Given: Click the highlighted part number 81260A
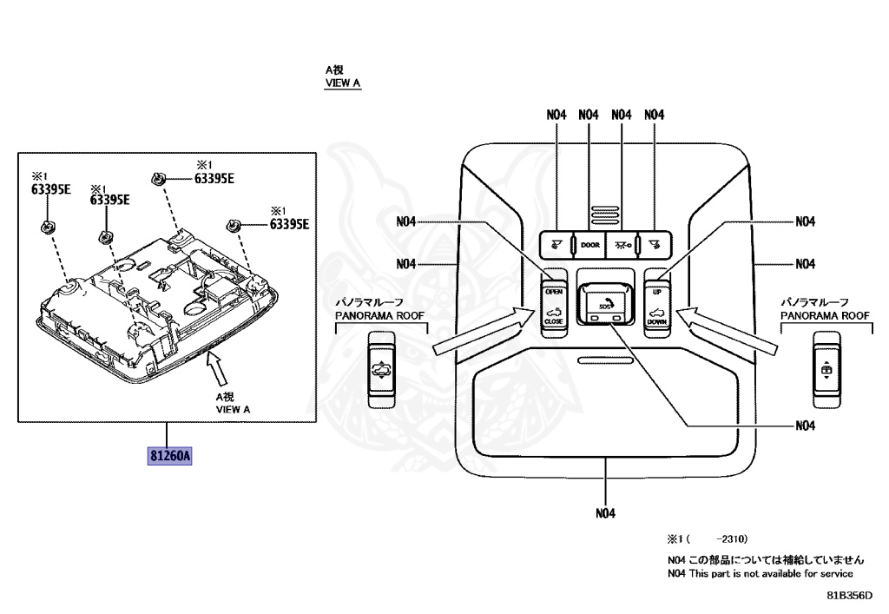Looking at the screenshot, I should pyautogui.click(x=169, y=453).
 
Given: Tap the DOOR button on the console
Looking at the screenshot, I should pyautogui.click(x=589, y=246).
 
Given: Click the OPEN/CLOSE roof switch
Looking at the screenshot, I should pyautogui.click(x=553, y=306).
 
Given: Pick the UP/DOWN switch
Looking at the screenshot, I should pyautogui.click(x=656, y=306).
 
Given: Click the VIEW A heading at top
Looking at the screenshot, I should pyautogui.click(x=342, y=84).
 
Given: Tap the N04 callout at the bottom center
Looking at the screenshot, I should pyautogui.click(x=605, y=513).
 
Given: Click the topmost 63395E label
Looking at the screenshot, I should pyautogui.click(x=214, y=179).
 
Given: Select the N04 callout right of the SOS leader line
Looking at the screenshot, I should pyautogui.click(x=805, y=426).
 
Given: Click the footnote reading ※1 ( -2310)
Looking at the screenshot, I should pyautogui.click(x=708, y=539).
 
